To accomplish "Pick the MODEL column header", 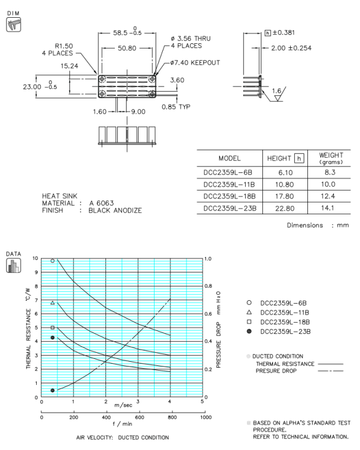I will [229, 158].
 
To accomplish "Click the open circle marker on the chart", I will [53, 261].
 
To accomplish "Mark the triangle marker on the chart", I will [53, 303].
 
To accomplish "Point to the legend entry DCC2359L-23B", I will [285, 331].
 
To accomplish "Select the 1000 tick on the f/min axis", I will [205, 417].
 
